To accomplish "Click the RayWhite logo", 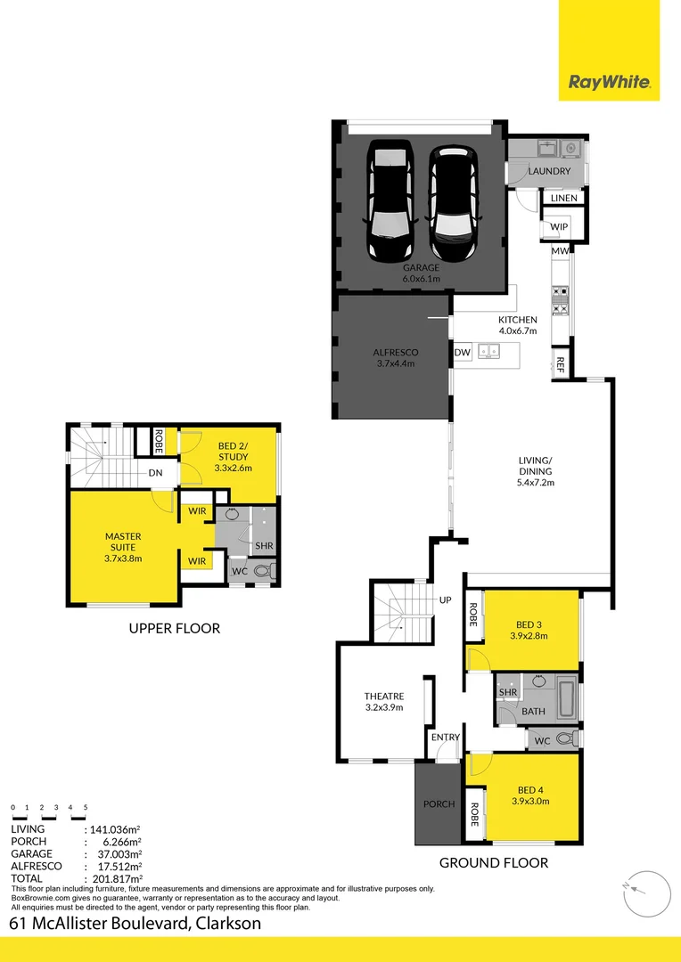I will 610,84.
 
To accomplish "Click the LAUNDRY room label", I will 549,171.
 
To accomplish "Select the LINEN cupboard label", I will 563,198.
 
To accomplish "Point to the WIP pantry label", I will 559,227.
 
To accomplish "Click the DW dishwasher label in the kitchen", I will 462,353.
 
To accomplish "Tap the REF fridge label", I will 561,363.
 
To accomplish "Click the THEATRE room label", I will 384,697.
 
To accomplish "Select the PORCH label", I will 439,804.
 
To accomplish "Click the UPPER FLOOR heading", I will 174,628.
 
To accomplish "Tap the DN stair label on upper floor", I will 155,474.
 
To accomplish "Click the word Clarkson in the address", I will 228,924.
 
